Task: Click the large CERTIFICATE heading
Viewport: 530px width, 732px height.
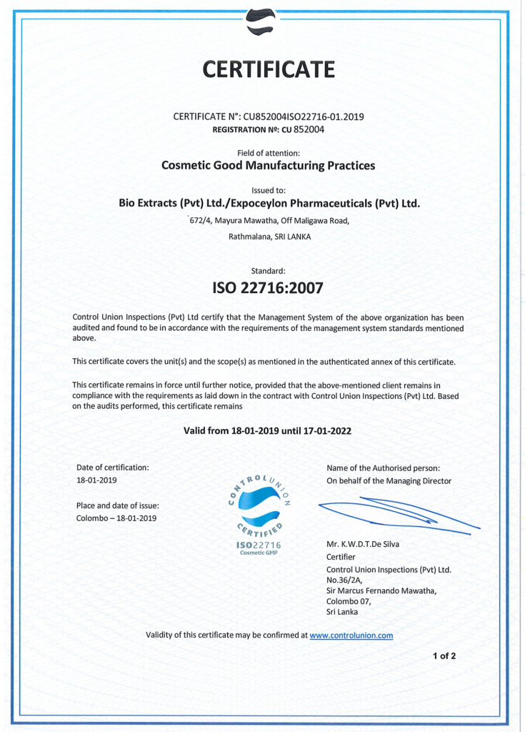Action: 269,69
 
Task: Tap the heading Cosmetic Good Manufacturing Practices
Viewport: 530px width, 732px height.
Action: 269,166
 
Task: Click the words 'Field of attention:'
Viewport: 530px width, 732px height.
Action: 269,152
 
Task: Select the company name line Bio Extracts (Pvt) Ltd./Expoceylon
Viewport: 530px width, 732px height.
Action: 269,204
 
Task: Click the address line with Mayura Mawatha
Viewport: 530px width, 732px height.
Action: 269,220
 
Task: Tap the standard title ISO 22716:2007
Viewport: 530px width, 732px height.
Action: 269,289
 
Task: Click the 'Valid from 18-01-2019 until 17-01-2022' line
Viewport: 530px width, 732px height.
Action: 268,431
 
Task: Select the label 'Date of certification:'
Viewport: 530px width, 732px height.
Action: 113,468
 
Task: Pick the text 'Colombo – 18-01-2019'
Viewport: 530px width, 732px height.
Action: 116,518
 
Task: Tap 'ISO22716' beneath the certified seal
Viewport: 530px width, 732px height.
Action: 258,545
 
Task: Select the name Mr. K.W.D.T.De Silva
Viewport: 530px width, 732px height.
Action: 363,543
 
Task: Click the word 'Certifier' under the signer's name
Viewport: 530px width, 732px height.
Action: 341,557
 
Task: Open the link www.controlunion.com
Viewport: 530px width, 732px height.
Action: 351,635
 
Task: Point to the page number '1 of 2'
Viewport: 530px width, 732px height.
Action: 444,655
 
